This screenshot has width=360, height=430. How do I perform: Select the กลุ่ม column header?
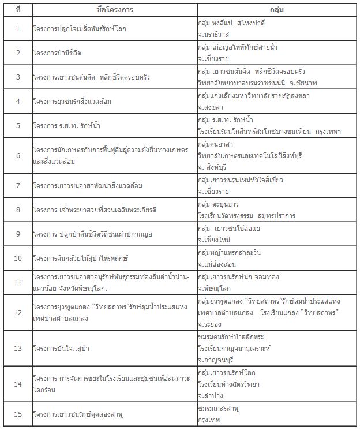(x=276, y=10)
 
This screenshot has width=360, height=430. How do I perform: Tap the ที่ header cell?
(x=18, y=10)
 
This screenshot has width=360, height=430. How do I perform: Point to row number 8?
(x=18, y=210)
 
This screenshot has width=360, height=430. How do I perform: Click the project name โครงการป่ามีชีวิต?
(x=59, y=53)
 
